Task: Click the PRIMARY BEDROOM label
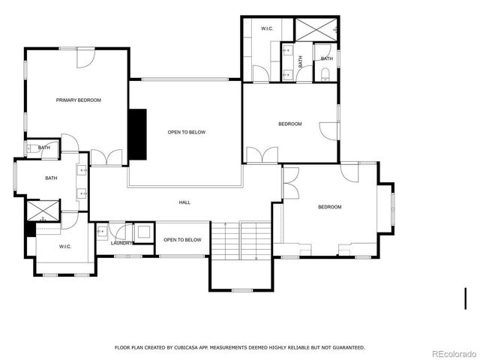click(x=78, y=100)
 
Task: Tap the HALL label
click(x=184, y=202)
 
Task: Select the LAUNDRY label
click(x=121, y=243)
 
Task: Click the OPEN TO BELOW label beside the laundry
click(x=182, y=240)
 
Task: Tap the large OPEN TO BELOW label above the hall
click(x=186, y=132)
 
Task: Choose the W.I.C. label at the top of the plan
click(x=266, y=28)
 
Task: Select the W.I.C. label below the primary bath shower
click(x=64, y=245)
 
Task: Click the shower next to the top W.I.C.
click(x=315, y=29)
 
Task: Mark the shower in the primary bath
click(x=43, y=211)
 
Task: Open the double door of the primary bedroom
click(x=106, y=158)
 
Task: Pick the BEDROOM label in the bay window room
click(x=328, y=207)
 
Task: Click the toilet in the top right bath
click(x=325, y=73)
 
